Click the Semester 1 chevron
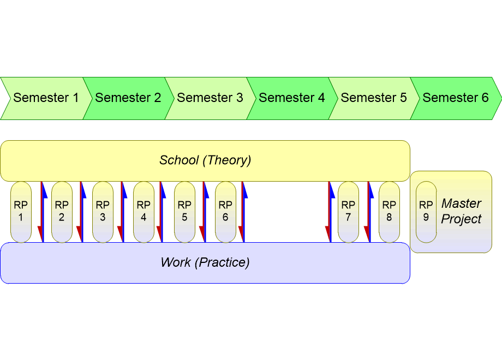click(x=46, y=98)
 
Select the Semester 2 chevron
click(x=128, y=98)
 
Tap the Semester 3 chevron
click(x=210, y=98)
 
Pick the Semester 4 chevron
click(x=291, y=98)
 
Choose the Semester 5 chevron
click(x=373, y=98)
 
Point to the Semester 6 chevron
click(x=455, y=98)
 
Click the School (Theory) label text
click(x=205, y=160)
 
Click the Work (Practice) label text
click(x=205, y=262)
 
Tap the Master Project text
click(x=461, y=211)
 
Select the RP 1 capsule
click(x=21, y=212)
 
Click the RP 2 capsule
click(x=62, y=212)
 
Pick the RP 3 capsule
click(x=103, y=212)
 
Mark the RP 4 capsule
click(x=144, y=212)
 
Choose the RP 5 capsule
click(x=184, y=212)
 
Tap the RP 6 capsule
click(x=225, y=212)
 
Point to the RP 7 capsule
click(x=348, y=212)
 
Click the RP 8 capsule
click(x=389, y=212)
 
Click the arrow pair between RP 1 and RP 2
click(x=43, y=212)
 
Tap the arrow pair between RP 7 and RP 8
click(x=369, y=212)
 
